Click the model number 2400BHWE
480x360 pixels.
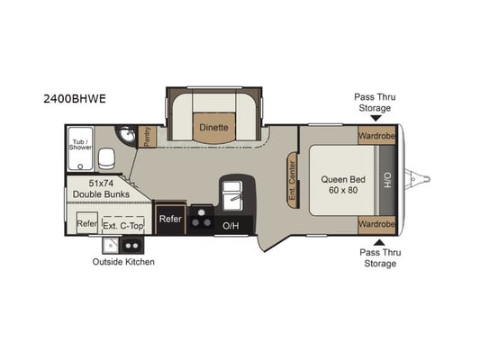[75, 99]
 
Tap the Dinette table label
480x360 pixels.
[213, 127]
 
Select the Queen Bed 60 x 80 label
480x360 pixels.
[343, 184]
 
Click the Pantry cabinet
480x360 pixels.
[148, 137]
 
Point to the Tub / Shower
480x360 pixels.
[80, 148]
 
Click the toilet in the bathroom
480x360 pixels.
[106, 158]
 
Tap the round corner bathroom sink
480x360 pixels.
[126, 135]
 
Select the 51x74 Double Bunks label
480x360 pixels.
[101, 189]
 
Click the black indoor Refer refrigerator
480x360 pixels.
[170, 219]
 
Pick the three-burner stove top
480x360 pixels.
[201, 219]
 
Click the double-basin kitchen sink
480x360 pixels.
[232, 195]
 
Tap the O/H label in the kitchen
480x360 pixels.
[231, 226]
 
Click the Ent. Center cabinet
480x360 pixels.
[293, 181]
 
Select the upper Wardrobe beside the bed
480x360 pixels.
[376, 135]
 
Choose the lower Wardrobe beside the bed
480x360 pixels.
[376, 224]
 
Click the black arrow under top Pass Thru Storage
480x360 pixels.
[376, 118]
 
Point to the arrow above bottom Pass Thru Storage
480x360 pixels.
[379, 242]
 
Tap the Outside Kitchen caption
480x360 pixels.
[123, 262]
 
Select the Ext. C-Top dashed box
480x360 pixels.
[123, 225]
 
